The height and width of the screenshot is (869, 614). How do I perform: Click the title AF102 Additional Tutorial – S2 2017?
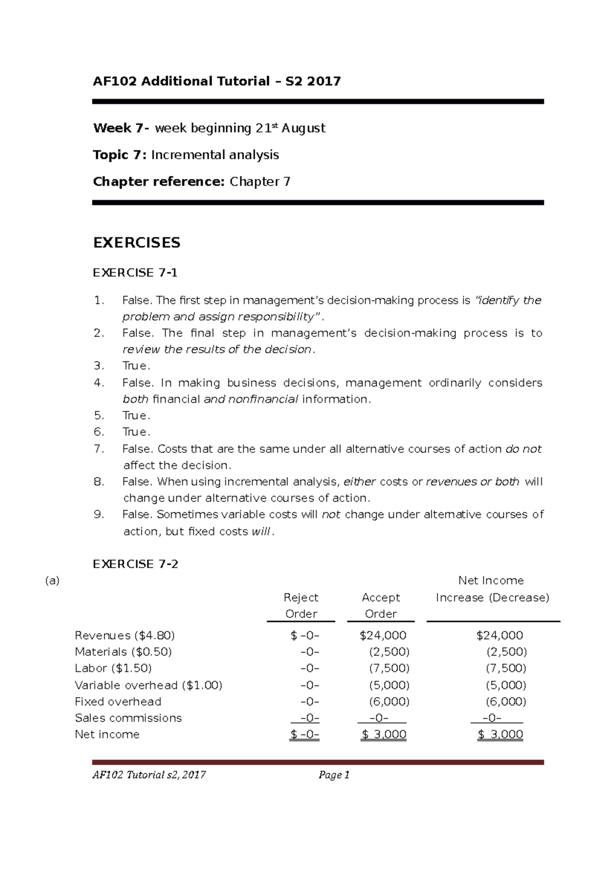coord(216,81)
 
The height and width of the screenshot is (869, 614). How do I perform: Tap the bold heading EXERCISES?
coord(137,243)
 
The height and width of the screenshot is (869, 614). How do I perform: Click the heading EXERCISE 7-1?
coord(135,273)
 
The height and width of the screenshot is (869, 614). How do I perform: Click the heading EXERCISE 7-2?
coord(136,564)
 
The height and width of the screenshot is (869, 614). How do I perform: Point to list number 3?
coord(99,366)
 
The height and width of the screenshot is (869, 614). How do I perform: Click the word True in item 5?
coord(136,416)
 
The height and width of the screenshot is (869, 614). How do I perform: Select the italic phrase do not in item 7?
coord(523,449)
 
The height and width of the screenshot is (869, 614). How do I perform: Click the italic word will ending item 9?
coord(260,531)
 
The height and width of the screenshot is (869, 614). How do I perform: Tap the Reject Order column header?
coord(301,605)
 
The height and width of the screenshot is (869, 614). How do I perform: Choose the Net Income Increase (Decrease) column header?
coord(492,589)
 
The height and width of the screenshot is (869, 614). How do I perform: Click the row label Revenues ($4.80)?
coord(125,636)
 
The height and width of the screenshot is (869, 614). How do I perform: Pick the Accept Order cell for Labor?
coord(389,668)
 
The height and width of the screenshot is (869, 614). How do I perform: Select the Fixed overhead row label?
coord(118,702)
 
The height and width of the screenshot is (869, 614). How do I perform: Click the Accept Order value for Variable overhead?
coord(389,685)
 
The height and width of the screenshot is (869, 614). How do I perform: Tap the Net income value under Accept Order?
coord(384,735)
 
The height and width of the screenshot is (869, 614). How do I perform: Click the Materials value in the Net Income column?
coord(506,652)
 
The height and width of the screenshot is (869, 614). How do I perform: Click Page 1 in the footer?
coord(334,775)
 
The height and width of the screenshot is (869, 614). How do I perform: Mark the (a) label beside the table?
coord(52,581)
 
